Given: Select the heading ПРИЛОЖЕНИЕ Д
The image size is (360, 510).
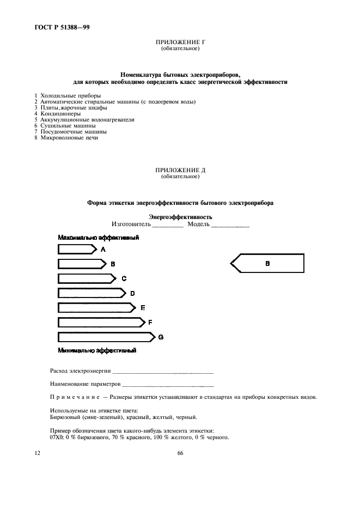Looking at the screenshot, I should tap(180, 171).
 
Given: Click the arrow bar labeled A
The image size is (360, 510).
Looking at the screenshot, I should tap(76, 250).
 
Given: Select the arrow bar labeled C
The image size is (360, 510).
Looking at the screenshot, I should tap(86, 278).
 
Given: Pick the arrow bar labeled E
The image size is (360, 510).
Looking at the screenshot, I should tap(96, 308).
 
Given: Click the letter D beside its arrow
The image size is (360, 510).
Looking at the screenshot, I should tap(132, 293).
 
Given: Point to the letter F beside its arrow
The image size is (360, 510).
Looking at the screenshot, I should tap(150, 323).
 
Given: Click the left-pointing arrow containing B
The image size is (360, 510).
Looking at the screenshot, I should tap(267, 264).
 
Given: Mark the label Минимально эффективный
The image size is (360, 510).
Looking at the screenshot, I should tap(96, 350).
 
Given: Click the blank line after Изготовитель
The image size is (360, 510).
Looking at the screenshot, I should tap(168, 225).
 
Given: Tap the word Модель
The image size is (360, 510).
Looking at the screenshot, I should tap(198, 224).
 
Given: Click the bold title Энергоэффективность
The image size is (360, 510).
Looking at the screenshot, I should tap(180, 216).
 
